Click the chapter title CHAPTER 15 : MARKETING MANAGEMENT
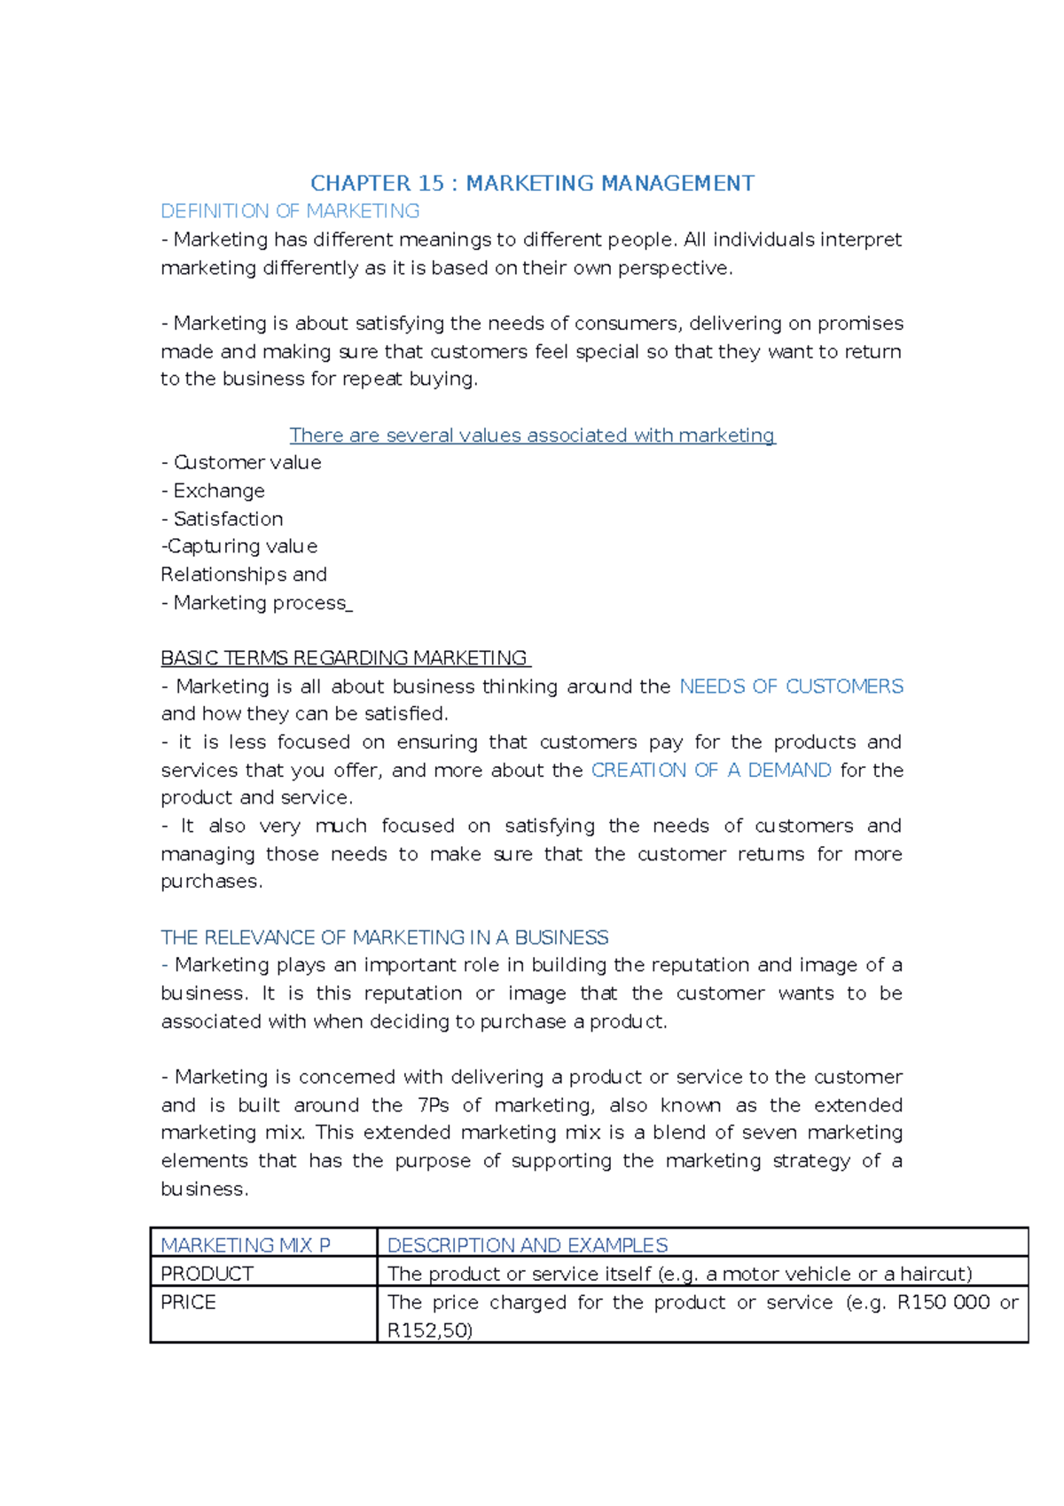532,184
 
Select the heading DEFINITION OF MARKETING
290,211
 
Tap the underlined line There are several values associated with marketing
532,435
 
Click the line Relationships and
244,575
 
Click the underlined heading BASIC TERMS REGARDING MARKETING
345,658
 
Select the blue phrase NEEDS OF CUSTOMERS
791,686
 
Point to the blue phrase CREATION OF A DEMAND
711,770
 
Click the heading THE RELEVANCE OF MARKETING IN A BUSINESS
384,937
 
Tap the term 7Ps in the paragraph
433,1105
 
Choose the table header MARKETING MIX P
246,1245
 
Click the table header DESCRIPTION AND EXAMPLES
528,1245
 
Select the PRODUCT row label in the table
207,1274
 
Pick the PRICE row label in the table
188,1302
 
